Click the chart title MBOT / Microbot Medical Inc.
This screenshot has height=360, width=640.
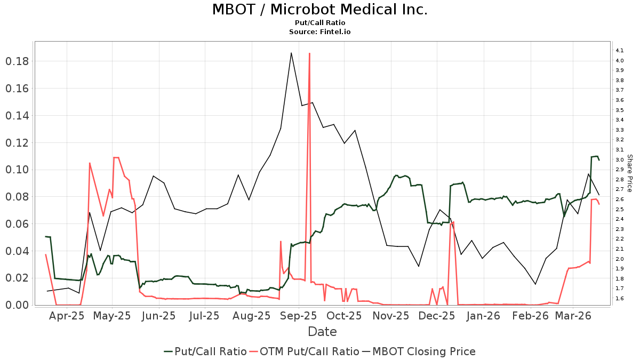click(319, 10)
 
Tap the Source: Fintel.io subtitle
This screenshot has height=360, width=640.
click(319, 32)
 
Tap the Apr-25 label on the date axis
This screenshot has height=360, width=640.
click(67, 316)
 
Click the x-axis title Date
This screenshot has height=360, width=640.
click(322, 332)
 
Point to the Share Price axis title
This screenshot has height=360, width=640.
click(629, 173)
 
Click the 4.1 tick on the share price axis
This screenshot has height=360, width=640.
click(620, 51)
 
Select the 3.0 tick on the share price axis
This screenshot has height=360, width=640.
click(620, 160)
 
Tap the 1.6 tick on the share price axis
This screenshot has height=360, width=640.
click(620, 299)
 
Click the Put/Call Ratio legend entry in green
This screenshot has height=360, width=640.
click(205, 351)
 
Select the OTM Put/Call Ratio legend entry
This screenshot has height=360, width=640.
click(305, 351)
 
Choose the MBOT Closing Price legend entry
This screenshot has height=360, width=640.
click(419, 351)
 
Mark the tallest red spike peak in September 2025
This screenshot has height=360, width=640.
click(309, 53)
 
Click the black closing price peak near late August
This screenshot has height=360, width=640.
click(291, 53)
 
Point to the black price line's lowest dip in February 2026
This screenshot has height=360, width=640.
click(535, 284)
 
